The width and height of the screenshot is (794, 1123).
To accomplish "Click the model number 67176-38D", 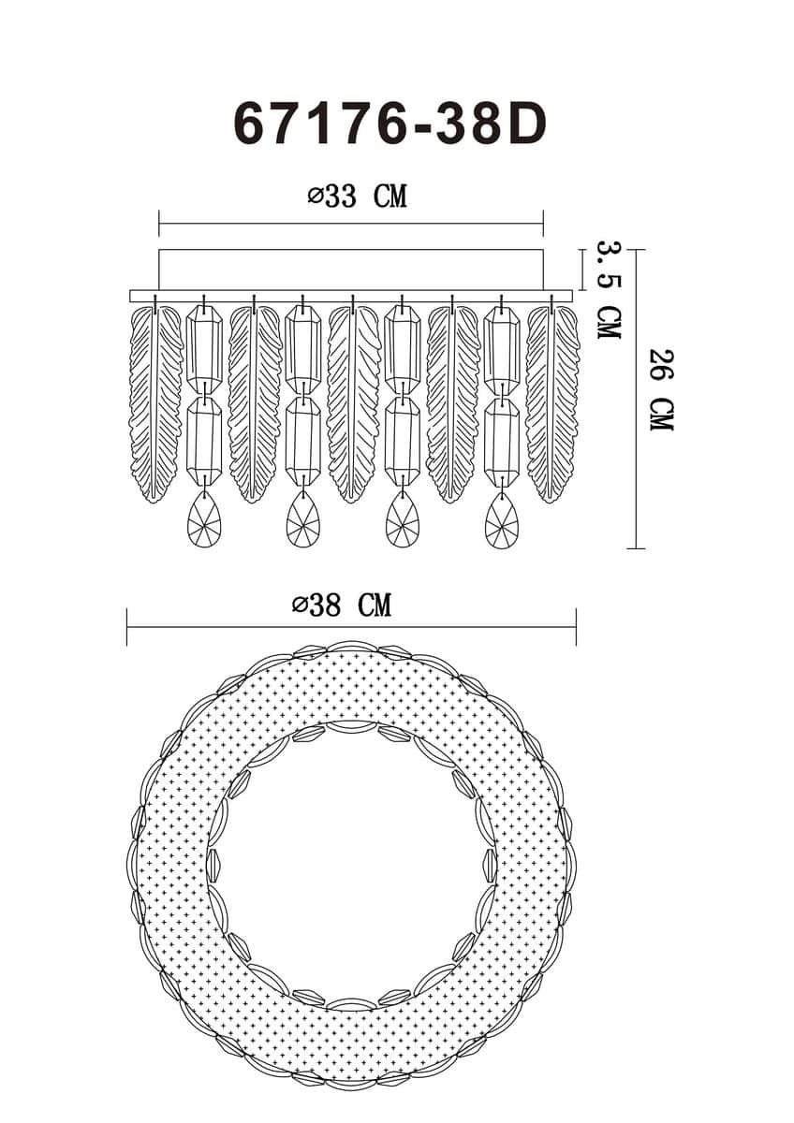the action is point(390,124).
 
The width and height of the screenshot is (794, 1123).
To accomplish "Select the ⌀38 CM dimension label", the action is point(342,605).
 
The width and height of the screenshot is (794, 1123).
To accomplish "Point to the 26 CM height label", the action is point(661,390).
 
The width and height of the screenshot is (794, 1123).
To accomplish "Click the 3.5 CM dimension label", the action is point(610,290).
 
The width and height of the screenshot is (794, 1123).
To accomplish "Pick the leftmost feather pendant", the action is point(155,402).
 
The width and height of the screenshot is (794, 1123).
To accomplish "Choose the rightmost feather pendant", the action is point(552,402).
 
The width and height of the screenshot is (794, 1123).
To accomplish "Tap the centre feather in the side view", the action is point(354,402).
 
